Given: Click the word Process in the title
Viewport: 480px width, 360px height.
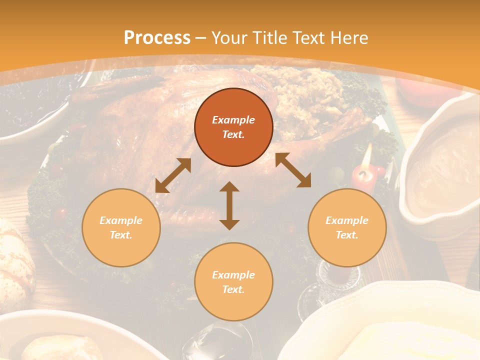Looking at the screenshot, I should click(157, 38).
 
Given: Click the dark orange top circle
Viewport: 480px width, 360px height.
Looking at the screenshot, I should click(233, 127).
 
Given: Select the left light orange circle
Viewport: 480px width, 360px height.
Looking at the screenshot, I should click(121, 227).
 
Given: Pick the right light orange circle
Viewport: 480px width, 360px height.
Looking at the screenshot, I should click(347, 227).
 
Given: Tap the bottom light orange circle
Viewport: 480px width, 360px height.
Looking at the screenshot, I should click(233, 281).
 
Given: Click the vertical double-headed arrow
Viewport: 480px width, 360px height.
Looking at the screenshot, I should click(229, 205).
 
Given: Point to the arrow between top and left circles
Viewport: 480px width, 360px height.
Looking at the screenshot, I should click(173, 175).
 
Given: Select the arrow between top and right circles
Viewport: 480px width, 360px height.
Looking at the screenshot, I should click(293, 170).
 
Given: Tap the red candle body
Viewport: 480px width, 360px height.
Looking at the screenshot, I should click(363, 177).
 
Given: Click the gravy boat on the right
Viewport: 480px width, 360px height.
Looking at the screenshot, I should click(440, 160).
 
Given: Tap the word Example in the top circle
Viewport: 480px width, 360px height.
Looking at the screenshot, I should click(233, 120).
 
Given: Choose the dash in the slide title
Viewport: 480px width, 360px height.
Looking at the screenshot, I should click(201, 38).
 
